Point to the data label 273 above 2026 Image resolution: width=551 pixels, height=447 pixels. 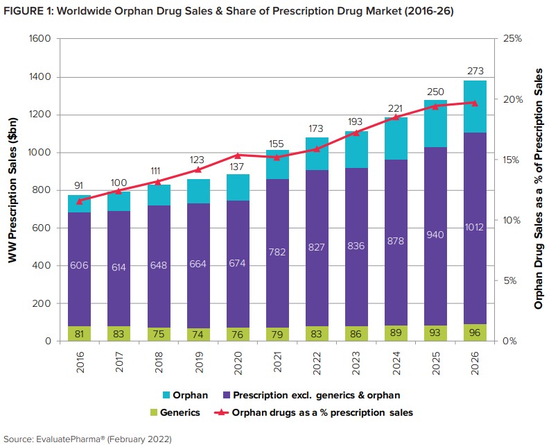475,71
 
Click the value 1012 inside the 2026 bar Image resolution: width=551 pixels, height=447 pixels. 475,227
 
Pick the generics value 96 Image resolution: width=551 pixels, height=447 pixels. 475,332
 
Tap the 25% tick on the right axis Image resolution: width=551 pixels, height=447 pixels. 511,39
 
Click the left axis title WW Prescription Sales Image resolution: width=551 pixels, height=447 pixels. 12,191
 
